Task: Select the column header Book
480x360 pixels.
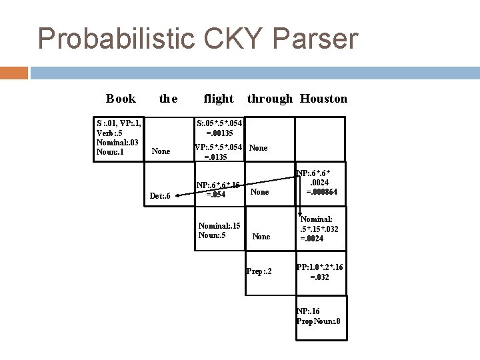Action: point(121,99)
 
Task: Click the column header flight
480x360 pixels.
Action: point(219,99)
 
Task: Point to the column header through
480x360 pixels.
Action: point(270,99)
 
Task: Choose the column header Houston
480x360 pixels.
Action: point(323,99)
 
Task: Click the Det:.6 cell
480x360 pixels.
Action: point(161,196)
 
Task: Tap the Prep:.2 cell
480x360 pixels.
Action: point(259,271)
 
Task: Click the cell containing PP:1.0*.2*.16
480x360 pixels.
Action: point(320,271)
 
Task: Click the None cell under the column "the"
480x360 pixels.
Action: point(161,151)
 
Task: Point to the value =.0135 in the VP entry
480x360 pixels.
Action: point(211,158)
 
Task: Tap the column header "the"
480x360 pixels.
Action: point(168,99)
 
